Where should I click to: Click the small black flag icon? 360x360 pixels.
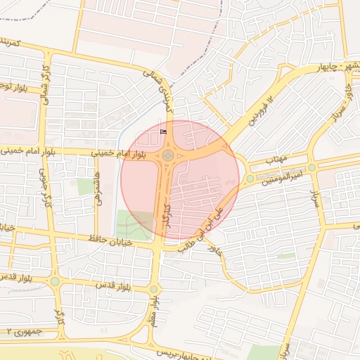[x=164, y=130]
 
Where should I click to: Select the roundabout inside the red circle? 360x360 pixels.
[x=169, y=155]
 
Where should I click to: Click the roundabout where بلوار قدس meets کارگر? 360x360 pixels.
[x=55, y=282]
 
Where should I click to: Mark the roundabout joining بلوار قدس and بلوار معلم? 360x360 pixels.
[x=154, y=289]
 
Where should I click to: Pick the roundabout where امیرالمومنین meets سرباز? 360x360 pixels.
[x=311, y=168]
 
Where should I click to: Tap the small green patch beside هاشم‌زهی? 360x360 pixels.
[x=86, y=186]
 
